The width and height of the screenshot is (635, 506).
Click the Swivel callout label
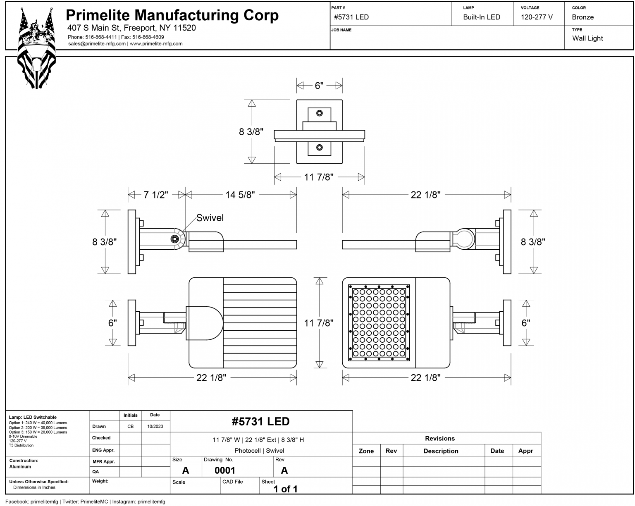click(x=210, y=218)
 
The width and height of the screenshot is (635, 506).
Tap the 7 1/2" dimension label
click(x=156, y=195)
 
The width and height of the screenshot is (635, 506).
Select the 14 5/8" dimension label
click(x=240, y=195)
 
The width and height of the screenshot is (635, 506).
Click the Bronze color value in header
click(x=582, y=17)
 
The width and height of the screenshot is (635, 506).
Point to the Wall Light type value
click(x=587, y=38)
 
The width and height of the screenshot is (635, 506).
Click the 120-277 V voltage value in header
click(x=537, y=17)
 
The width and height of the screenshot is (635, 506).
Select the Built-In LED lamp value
click(x=481, y=17)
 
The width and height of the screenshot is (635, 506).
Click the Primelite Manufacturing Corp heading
click(x=172, y=15)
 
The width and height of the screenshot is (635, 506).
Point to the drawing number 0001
click(x=224, y=470)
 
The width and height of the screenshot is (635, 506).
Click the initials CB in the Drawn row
click(x=130, y=427)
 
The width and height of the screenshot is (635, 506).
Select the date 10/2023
click(x=155, y=427)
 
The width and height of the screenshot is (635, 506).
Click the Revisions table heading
click(x=439, y=439)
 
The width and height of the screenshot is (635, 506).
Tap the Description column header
click(x=441, y=451)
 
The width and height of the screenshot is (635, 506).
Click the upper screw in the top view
click(x=319, y=113)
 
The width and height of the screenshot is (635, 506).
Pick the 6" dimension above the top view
click(x=319, y=86)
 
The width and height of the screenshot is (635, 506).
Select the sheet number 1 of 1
click(x=285, y=489)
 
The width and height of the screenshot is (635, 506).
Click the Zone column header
click(x=366, y=451)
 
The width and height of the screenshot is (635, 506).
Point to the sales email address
click(x=97, y=44)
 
